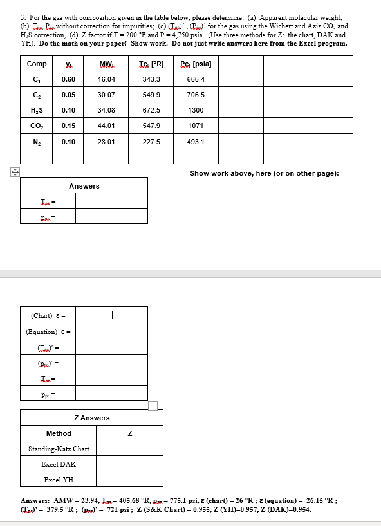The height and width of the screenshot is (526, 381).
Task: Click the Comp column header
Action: tap(37, 64)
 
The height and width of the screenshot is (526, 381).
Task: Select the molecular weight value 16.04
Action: tap(106, 79)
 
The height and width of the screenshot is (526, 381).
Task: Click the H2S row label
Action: tap(37, 110)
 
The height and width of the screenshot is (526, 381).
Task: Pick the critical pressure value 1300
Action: tap(196, 110)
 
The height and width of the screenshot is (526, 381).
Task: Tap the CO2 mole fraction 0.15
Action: tap(68, 126)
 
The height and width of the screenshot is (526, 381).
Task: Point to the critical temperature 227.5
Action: tap(152, 141)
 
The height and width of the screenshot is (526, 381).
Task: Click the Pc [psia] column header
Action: tap(196, 64)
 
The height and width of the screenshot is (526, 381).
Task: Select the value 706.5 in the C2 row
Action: tap(196, 95)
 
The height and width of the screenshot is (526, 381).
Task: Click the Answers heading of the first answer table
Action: tap(84, 186)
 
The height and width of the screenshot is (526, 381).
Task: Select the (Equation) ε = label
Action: tap(48, 332)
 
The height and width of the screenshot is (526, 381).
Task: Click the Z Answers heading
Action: tap(92, 418)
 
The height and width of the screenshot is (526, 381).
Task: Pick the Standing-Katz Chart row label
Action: tap(59, 449)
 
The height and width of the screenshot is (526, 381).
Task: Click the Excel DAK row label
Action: tap(59, 464)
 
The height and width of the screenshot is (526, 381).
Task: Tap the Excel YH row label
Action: tap(59, 480)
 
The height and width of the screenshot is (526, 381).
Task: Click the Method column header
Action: tap(59, 433)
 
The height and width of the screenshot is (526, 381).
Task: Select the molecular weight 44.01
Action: tap(106, 126)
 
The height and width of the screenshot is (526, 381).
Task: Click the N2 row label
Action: tap(37, 141)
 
